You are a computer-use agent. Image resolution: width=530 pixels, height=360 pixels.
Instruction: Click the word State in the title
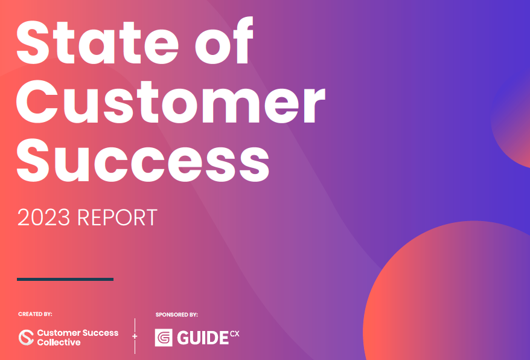[97, 42]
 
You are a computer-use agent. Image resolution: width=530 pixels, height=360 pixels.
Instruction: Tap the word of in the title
[224, 40]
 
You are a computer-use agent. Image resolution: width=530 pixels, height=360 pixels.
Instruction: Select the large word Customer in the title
[171, 102]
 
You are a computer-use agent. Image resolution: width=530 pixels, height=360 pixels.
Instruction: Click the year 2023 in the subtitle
[43, 217]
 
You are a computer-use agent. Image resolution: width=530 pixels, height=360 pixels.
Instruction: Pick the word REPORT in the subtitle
[117, 217]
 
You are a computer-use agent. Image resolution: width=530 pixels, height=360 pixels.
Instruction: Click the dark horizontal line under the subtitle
[65, 279]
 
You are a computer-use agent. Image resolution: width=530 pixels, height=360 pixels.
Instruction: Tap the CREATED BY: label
[35, 314]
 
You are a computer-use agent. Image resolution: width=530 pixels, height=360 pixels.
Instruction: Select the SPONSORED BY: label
[176, 315]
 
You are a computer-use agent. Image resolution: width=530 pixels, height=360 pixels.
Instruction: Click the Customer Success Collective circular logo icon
[27, 337]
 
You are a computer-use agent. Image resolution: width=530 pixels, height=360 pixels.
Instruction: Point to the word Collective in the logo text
[59, 342]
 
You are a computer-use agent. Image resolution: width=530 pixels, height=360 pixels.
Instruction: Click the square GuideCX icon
[164, 337]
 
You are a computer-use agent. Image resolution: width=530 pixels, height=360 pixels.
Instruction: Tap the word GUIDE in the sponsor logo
[203, 338]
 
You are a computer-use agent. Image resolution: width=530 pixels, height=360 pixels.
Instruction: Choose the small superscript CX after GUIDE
[235, 334]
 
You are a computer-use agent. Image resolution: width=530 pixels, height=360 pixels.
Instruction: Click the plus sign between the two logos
[135, 336]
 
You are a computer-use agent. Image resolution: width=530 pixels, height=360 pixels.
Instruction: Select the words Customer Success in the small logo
[78, 333]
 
